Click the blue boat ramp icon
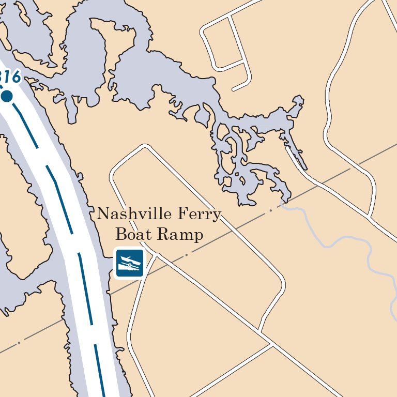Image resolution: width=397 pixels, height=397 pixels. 129,263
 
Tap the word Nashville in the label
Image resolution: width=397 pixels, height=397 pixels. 131,213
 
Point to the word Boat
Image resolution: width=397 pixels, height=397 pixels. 133,235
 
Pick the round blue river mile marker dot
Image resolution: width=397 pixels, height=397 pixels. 7,96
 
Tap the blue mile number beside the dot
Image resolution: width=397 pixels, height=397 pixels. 10,78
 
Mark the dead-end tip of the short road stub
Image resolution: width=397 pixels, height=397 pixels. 234,89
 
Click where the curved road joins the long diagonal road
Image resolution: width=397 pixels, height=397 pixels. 259,331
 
